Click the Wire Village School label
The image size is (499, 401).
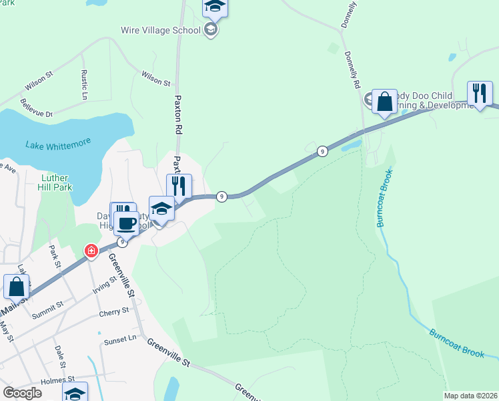pyautogui.click(x=160, y=30)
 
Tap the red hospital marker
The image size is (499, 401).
pyautogui.click(x=91, y=251)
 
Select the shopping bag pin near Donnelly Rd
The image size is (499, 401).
pyautogui.click(x=384, y=102)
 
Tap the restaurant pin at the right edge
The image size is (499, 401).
pyautogui.click(x=480, y=93)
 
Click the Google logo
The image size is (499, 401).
pyautogui.click(x=22, y=393)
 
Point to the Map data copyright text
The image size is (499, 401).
pyautogui.click(x=470, y=396)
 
